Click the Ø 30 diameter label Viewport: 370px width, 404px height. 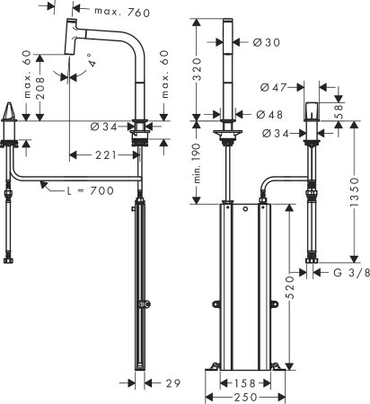tap(266, 41)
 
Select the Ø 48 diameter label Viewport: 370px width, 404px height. tap(266, 114)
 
